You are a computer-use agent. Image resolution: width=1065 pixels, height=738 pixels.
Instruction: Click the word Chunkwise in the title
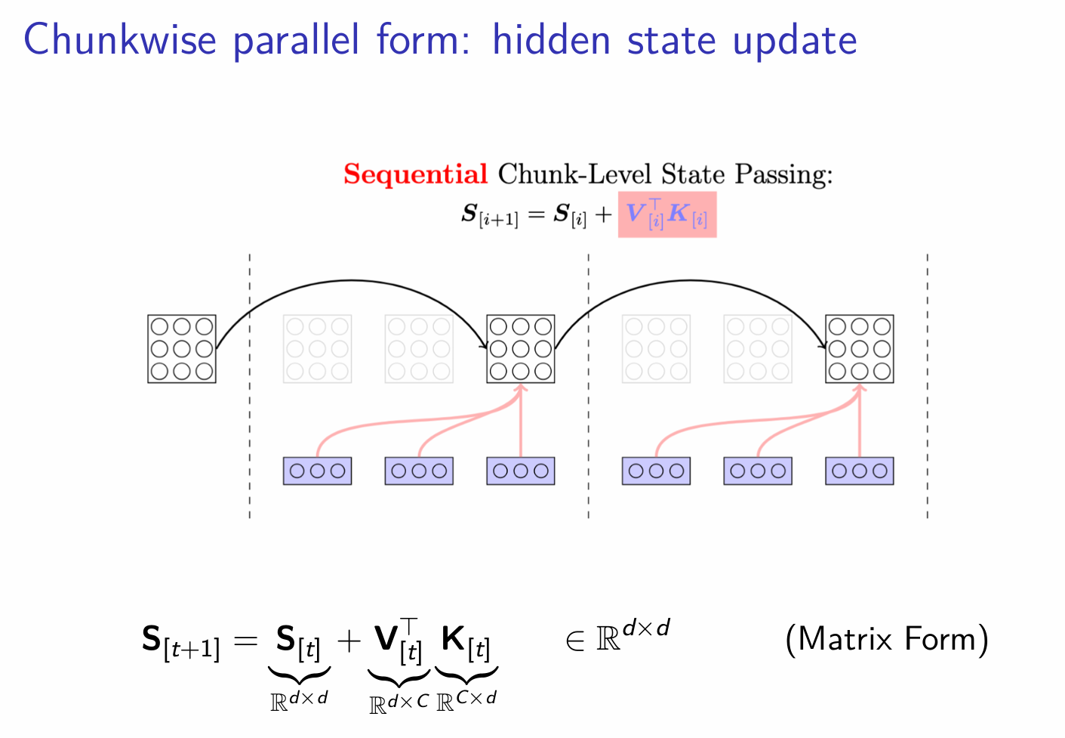coord(120,41)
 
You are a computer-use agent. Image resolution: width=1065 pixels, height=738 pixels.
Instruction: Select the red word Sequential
coord(415,174)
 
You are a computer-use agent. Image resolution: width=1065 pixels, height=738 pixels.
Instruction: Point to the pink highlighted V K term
coord(666,215)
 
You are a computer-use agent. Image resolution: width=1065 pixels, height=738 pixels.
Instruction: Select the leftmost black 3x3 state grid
coord(182,349)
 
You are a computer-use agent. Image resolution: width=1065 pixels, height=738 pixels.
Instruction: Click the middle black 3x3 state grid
coord(521,349)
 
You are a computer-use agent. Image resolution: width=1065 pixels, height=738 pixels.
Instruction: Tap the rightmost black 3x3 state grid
coord(859,349)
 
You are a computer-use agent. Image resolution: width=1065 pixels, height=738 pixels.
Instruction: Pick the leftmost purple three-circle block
coord(317,471)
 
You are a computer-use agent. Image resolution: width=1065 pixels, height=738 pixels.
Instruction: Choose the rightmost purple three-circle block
coord(859,471)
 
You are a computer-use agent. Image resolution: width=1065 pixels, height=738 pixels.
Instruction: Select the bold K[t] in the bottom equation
coord(465,641)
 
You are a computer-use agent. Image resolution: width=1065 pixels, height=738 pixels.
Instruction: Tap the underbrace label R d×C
coord(399,702)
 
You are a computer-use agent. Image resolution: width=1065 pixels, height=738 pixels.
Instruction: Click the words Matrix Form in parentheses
coord(887,640)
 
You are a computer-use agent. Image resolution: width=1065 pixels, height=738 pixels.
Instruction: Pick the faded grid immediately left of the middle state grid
coord(419,349)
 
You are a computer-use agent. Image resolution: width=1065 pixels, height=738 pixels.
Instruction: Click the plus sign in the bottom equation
coord(349,641)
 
